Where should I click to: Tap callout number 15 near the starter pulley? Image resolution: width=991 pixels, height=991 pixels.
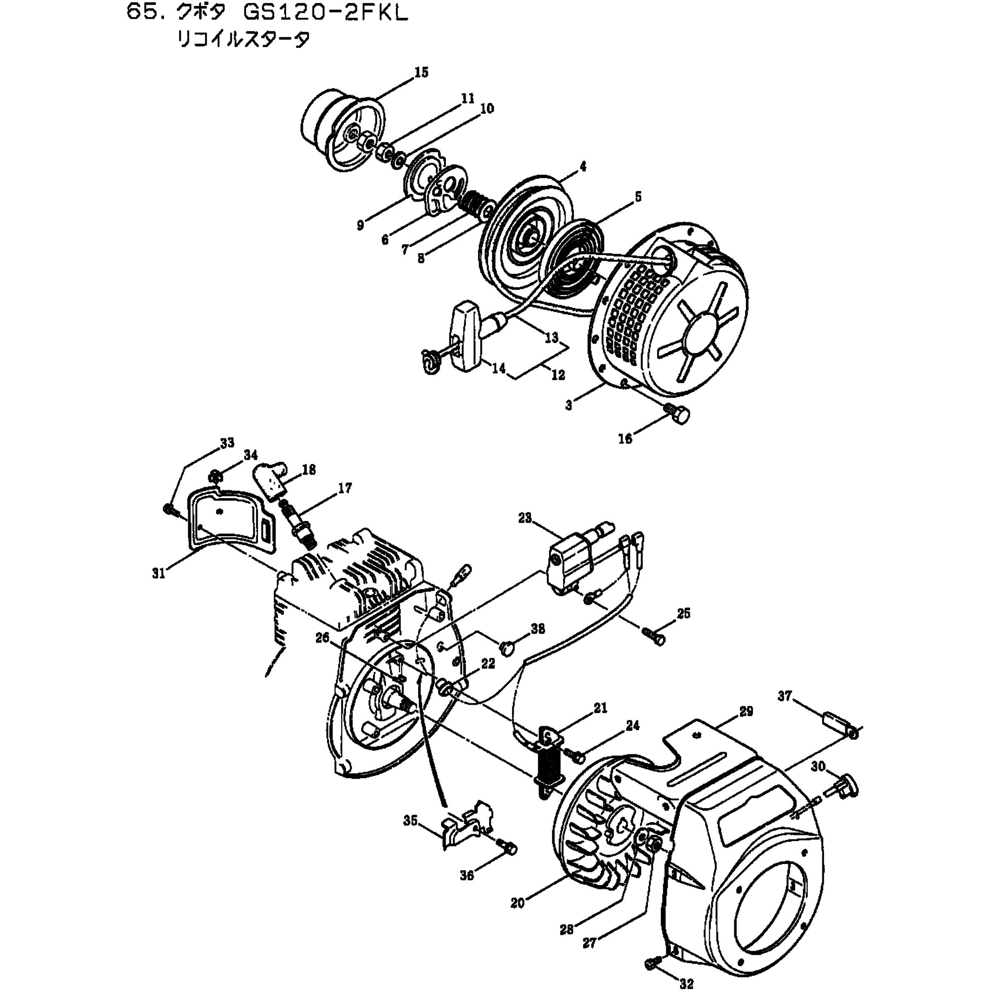(421, 73)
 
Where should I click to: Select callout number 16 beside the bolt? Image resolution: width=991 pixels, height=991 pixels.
(625, 439)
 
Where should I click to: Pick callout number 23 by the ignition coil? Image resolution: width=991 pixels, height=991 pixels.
(525, 518)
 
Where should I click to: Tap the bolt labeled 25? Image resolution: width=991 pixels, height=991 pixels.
(653, 638)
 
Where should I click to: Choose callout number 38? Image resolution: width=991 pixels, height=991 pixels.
(537, 629)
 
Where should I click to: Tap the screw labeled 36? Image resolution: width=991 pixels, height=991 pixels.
(509, 850)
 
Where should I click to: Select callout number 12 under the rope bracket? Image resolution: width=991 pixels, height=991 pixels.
(558, 375)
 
